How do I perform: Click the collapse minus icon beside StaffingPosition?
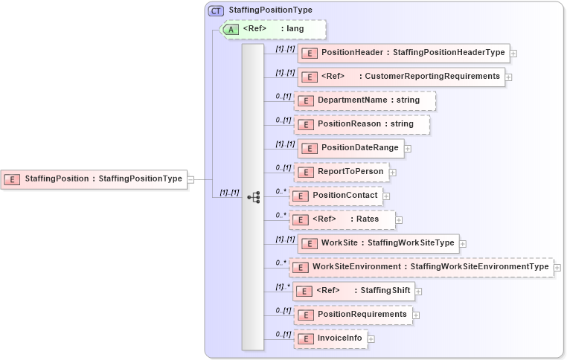[190, 179]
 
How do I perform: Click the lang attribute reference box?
[273, 29]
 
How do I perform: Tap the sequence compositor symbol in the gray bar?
[253, 196]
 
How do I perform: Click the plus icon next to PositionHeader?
[513, 54]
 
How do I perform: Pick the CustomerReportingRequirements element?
[401, 77]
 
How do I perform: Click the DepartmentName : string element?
[365, 100]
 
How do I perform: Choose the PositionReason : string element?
[362, 124]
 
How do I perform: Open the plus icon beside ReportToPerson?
[393, 173]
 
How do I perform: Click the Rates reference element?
[342, 219]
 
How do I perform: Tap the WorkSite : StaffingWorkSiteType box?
[377, 243]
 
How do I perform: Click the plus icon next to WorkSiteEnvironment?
[557, 267]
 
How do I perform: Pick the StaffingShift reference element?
[353, 291]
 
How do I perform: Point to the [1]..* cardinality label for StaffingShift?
[283, 286]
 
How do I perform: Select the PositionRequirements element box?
[353, 315]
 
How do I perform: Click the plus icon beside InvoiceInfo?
[371, 339]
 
